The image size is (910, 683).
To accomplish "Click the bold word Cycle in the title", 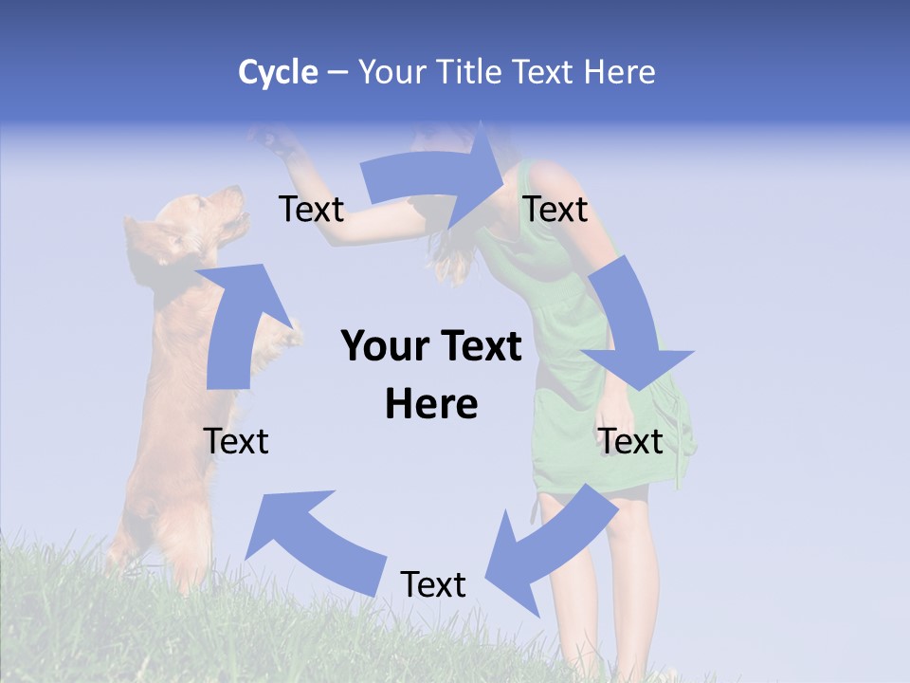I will pyautogui.click(x=278, y=72).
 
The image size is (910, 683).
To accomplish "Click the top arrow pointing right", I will pyautogui.click(x=436, y=180).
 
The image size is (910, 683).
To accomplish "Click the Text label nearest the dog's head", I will pyautogui.click(x=311, y=210).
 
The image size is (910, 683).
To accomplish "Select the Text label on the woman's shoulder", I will pyautogui.click(x=555, y=210).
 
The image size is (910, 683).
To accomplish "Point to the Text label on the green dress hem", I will pyautogui.click(x=631, y=441).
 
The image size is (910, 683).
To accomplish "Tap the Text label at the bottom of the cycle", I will pyautogui.click(x=433, y=585).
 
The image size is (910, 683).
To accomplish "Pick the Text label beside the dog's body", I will pyautogui.click(x=236, y=441).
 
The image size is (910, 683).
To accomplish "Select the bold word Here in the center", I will pyautogui.click(x=431, y=405).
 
